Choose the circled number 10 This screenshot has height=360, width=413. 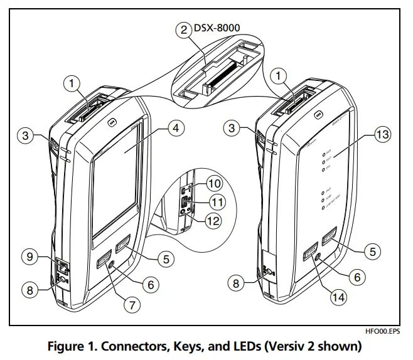[x=215, y=184]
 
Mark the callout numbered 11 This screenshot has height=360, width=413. [x=217, y=201]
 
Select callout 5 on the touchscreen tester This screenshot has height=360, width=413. [x=165, y=258]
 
